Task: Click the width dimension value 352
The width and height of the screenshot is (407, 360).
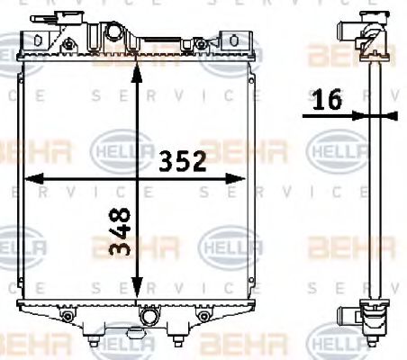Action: (184, 161)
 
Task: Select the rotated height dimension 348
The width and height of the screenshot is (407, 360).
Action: (121, 231)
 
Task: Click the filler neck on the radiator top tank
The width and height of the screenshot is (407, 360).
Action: (113, 34)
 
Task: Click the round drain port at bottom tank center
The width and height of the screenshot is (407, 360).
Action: (149, 317)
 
